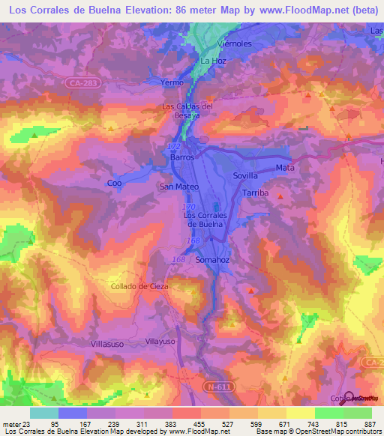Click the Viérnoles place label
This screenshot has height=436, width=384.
pyautogui.click(x=233, y=43)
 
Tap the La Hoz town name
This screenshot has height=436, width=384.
pyautogui.click(x=212, y=61)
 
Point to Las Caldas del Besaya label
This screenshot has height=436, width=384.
pyautogui.click(x=188, y=111)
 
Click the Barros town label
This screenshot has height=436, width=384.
pyautogui.click(x=182, y=158)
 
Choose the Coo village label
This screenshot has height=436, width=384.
pyautogui.click(x=114, y=183)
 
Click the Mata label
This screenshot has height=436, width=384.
pyautogui.click(x=285, y=168)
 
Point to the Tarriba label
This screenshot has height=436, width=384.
pyautogui.click(x=256, y=193)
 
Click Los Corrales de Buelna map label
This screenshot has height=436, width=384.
pyautogui.click(x=204, y=219)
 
